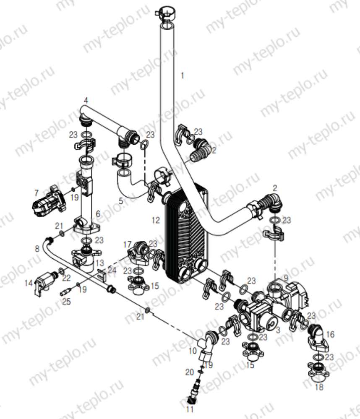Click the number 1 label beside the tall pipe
click(x=182, y=76)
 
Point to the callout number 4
click(x=86, y=101)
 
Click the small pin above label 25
click(x=67, y=291)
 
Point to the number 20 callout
click(x=190, y=372)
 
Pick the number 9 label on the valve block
click(x=286, y=277)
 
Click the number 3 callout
click(x=277, y=330)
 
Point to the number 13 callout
click(x=99, y=263)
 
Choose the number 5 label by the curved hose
click(x=120, y=201)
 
